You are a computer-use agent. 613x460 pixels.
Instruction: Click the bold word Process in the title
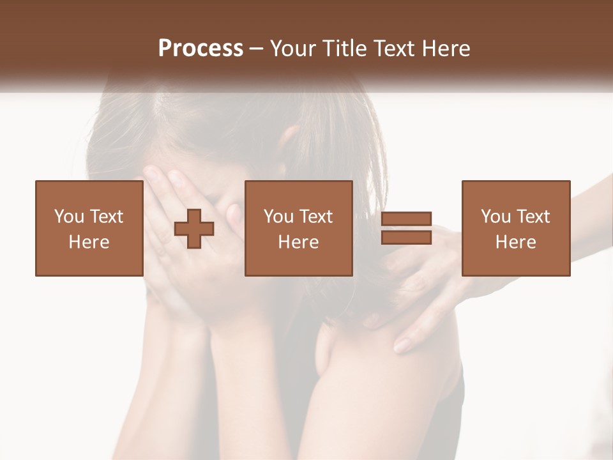pyautogui.click(x=201, y=49)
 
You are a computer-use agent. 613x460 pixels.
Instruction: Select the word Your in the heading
pyautogui.click(x=294, y=49)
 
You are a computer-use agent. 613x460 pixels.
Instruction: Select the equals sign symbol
pyautogui.click(x=406, y=228)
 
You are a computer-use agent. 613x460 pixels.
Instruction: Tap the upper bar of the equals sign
pyautogui.click(x=406, y=219)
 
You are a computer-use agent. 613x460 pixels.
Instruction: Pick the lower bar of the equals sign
pyautogui.click(x=406, y=237)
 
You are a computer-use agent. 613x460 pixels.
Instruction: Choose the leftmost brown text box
pyautogui.click(x=89, y=228)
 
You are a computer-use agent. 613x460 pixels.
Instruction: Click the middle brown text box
pyautogui.click(x=298, y=228)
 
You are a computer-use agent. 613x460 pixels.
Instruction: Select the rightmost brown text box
pyautogui.click(x=515, y=228)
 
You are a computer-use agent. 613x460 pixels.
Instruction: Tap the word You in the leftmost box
pyautogui.click(x=68, y=217)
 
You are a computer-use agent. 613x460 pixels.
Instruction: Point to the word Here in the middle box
pyautogui.click(x=298, y=242)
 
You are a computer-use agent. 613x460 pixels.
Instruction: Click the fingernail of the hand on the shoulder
pyautogui.click(x=402, y=346)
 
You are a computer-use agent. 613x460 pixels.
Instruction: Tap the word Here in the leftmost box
pyautogui.click(x=89, y=242)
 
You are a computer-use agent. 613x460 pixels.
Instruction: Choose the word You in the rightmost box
pyautogui.click(x=496, y=217)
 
